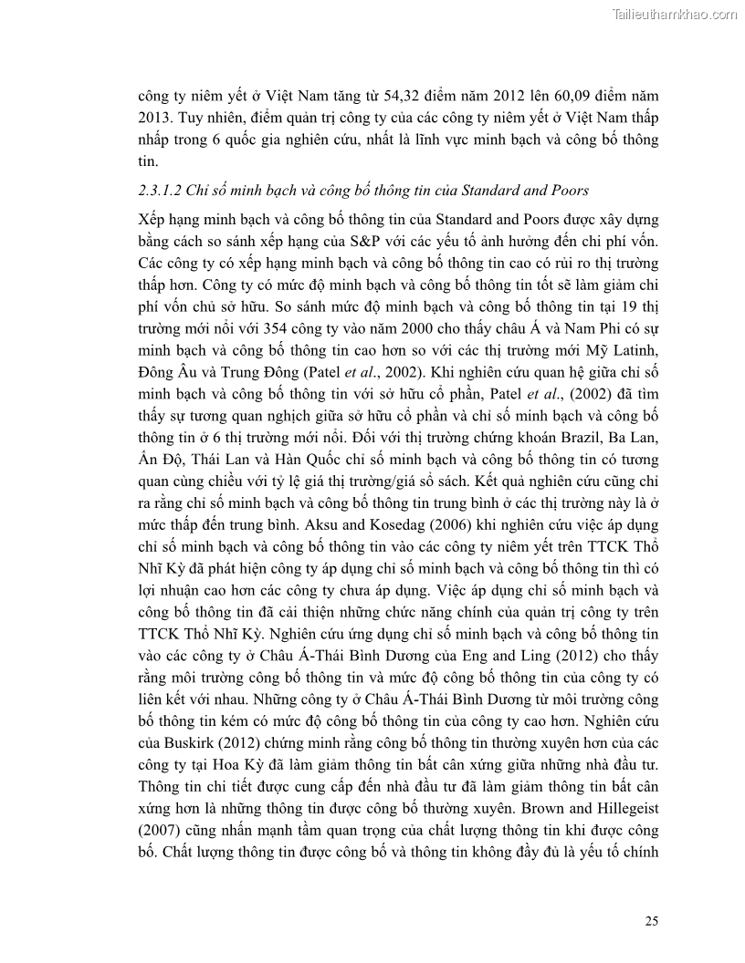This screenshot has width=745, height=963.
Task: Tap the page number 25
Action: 651,920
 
